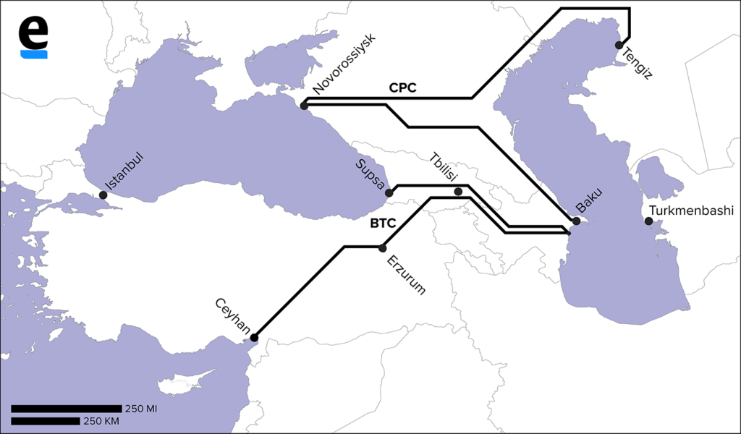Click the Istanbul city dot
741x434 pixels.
pyautogui.click(x=103, y=195)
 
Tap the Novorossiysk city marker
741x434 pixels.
pyautogui.click(x=304, y=106)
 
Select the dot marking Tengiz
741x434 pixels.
pyautogui.click(x=619, y=45)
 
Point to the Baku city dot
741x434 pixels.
pyautogui.click(x=577, y=221)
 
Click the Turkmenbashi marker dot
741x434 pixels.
pyautogui.click(x=648, y=221)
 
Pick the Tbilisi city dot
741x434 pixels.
pyautogui.click(x=458, y=192)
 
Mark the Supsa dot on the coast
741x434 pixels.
pyautogui.click(x=389, y=193)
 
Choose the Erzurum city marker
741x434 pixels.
pyautogui.click(x=383, y=248)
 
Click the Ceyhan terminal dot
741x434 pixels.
pyautogui.click(x=254, y=337)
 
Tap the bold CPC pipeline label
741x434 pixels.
pyautogui.click(x=402, y=88)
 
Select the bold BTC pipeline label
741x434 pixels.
pyautogui.click(x=383, y=224)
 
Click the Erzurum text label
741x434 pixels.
pyautogui.click(x=407, y=275)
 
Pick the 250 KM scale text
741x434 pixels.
pyautogui.click(x=102, y=421)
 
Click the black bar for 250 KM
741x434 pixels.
pyautogui.click(x=45, y=421)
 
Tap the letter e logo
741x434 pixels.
pyautogui.click(x=34, y=36)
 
